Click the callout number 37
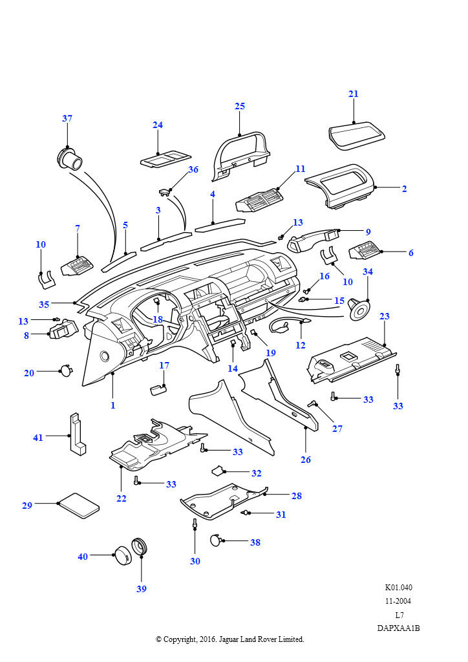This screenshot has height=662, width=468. [67, 118]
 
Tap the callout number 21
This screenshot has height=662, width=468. [353, 94]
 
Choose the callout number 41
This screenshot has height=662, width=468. [38, 438]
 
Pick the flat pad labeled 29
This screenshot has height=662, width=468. [79, 505]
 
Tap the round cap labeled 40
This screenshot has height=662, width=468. [122, 555]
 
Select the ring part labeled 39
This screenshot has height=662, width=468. [140, 548]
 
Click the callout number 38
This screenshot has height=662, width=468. [255, 542]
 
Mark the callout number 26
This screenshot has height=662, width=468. [306, 460]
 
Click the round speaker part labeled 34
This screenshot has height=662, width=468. [357, 308]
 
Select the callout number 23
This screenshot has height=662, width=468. [385, 317]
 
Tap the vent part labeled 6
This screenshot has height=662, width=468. [367, 251]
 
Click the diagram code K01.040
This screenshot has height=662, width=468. [398, 588]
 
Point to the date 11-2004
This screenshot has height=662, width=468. [398, 601]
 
